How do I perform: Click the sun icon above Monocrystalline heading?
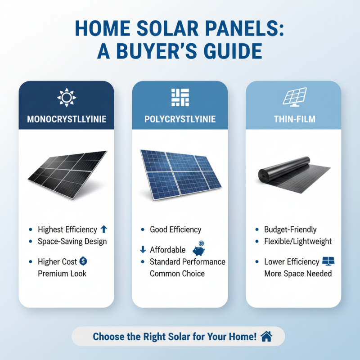point(66,98)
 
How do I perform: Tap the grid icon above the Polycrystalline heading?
point(180,98)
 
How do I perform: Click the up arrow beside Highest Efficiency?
point(104,229)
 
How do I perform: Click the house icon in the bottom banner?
point(266,336)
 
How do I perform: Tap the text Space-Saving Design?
point(72,241)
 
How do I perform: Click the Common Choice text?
point(177,273)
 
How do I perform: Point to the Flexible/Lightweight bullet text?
point(298,241)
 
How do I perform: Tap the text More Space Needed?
point(298,273)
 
